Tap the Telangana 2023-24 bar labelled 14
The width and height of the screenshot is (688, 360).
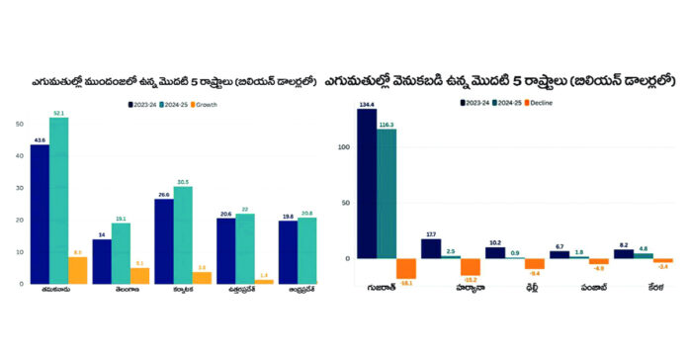click(x=102, y=261)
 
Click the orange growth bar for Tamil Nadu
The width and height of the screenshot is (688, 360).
click(x=77, y=270)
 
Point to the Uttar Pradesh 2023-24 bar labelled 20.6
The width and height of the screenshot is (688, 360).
click(x=226, y=250)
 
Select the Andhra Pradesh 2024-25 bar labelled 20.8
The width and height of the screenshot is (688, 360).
click(x=306, y=250)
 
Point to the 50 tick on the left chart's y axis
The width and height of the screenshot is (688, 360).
click(x=20, y=124)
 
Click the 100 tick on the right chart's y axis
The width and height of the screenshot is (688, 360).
click(x=344, y=147)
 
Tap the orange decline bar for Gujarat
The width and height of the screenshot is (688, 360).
click(x=405, y=268)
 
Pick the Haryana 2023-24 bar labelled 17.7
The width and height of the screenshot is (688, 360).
click(x=431, y=248)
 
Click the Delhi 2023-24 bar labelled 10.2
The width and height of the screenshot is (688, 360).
click(x=494, y=252)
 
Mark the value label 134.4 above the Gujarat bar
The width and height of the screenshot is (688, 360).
click(x=367, y=104)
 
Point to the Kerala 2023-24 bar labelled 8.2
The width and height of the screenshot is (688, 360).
click(x=623, y=253)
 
